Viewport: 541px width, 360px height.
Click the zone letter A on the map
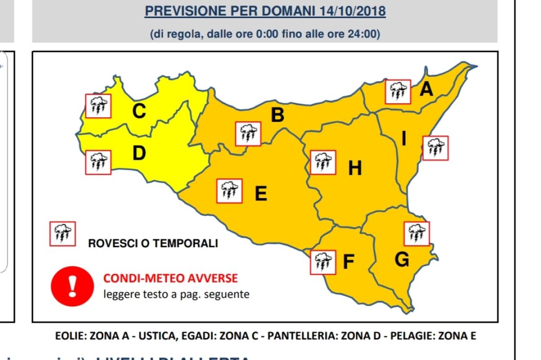[x=426, y=89]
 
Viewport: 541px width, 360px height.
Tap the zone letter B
[x=277, y=115]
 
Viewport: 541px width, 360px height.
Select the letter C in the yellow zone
[x=139, y=111]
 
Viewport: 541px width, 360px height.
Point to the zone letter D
[x=139, y=153]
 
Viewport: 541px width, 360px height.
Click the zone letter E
[x=261, y=194]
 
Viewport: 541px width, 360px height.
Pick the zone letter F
[x=348, y=262]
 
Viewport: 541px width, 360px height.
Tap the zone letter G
[x=402, y=260]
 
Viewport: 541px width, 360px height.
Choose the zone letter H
[x=355, y=168]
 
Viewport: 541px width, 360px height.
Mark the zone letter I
[x=403, y=139]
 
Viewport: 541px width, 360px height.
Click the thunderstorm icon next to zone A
[x=398, y=92]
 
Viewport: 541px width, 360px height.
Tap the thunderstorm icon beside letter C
[x=98, y=106]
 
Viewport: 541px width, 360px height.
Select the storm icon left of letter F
[x=323, y=262]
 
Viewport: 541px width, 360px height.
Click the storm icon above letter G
[x=417, y=234]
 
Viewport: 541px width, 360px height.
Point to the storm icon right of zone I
[x=436, y=148]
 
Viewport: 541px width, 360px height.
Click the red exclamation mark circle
[x=72, y=285]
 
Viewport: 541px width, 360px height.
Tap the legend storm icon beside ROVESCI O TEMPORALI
[x=63, y=234]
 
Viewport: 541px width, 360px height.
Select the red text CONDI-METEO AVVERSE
[x=170, y=278]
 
